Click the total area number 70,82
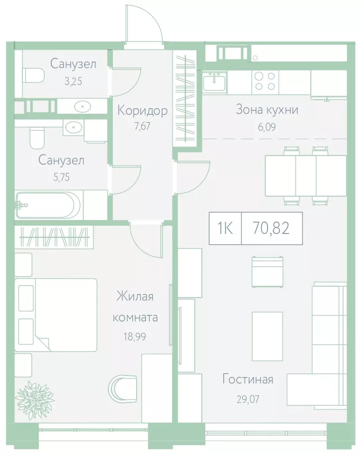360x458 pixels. [271, 228]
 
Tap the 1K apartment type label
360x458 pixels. [225, 228]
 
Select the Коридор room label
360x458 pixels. [142, 111]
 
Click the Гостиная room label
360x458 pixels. [248, 380]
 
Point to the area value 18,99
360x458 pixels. [135, 337]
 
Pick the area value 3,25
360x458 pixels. [73, 81]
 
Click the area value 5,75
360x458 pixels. [62, 177]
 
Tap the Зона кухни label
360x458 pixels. [267, 110]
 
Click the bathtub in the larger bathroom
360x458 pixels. [48, 205]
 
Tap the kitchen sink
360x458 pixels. [215, 81]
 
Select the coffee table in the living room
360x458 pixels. [268, 330]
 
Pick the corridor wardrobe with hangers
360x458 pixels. [184, 98]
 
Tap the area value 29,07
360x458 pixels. [248, 399]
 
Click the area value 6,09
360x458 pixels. [267, 127]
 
